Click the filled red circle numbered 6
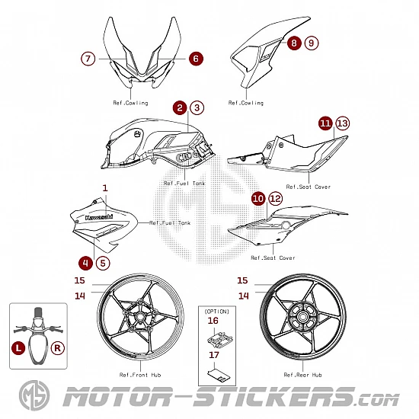click(x=196, y=59)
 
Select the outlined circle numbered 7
click(x=88, y=59)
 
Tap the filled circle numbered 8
click(x=294, y=43)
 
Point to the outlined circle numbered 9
click(x=312, y=43)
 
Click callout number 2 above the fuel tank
click(x=180, y=107)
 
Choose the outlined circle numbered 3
click(x=197, y=107)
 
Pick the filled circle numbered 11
click(x=325, y=123)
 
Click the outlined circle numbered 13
click(x=343, y=123)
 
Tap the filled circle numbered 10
click(x=258, y=199)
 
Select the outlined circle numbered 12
click(x=276, y=199)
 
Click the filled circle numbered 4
click(x=85, y=264)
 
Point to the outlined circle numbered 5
click(x=103, y=264)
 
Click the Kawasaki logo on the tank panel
click(x=99, y=217)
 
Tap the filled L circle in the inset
click(x=18, y=348)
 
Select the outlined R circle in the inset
click(x=58, y=348)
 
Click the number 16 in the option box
click(x=213, y=321)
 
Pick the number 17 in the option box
click(x=214, y=355)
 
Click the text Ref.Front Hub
click(x=140, y=375)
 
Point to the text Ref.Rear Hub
click(x=302, y=375)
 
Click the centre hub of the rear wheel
click(x=302, y=317)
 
